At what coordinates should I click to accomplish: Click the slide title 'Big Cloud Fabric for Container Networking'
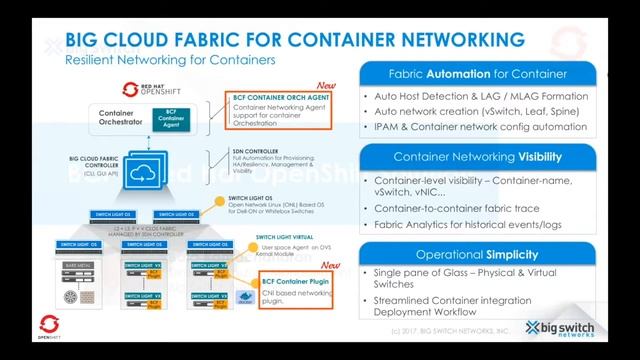click(x=294, y=40)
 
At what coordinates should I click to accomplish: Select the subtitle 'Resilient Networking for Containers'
click(x=170, y=61)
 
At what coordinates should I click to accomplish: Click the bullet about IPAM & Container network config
click(x=479, y=127)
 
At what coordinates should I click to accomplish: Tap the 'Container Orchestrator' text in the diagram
click(x=123, y=118)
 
